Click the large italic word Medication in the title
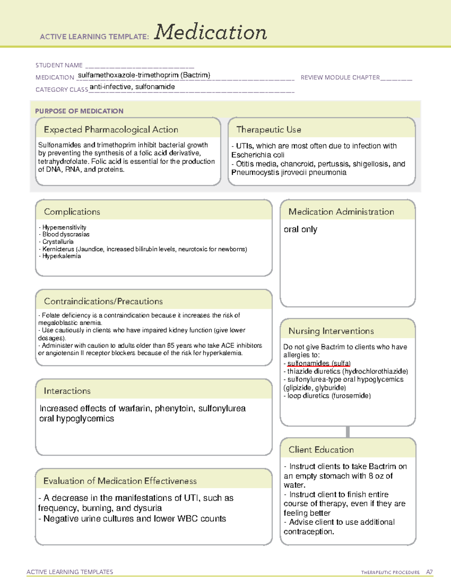[x=210, y=32]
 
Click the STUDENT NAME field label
[x=59, y=65]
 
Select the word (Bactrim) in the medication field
[x=195, y=75]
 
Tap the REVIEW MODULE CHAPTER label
[x=340, y=77]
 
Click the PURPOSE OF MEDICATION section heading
[x=79, y=111]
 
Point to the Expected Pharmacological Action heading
[x=111, y=130]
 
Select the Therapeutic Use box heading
[x=268, y=130]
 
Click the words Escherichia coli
[x=258, y=155]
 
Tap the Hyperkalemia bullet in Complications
[x=61, y=256]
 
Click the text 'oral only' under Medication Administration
[x=300, y=229]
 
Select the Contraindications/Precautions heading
[x=103, y=301]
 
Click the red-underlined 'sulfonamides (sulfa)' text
[x=319, y=363]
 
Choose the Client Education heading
[x=321, y=450]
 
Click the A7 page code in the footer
[x=429, y=572]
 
